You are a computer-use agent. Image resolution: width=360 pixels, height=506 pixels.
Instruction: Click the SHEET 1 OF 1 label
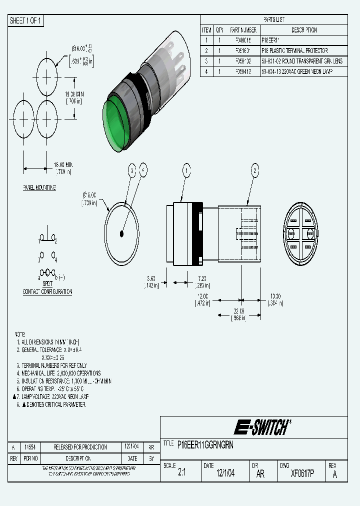(x=26, y=20)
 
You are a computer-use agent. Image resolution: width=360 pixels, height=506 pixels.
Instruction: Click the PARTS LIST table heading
(x=273, y=19)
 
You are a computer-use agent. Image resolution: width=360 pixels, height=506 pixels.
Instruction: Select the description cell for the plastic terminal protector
(x=294, y=51)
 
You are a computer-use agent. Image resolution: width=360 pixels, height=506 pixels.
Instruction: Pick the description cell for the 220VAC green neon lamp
(x=296, y=71)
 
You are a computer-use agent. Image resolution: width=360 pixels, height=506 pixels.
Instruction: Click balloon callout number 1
(x=186, y=171)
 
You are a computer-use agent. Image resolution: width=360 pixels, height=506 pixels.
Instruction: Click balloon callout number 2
(x=254, y=171)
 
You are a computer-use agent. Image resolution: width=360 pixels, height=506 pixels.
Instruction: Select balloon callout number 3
(x=132, y=171)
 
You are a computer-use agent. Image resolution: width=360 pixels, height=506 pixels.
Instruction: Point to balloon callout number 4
(x=143, y=171)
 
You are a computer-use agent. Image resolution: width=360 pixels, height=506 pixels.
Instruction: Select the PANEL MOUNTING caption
(x=39, y=187)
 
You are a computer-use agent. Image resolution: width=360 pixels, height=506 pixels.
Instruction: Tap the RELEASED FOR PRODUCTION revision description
(x=80, y=447)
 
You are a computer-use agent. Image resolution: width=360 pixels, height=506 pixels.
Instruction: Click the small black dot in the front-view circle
(x=122, y=233)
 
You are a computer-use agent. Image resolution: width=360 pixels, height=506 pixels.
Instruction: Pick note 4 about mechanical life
(x=58, y=373)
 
